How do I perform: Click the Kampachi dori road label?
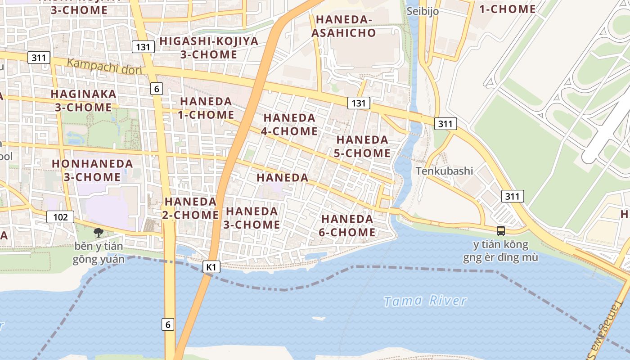coord(104,66)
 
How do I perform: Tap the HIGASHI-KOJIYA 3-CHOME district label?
coord(209,48)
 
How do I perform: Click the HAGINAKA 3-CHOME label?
coord(83,100)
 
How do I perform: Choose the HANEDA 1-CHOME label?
coord(206,108)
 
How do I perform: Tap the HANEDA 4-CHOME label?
coord(289,124)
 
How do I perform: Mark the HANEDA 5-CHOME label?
coord(362,146)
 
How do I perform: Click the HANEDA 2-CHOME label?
coord(190,208)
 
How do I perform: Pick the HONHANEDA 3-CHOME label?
coord(92,170)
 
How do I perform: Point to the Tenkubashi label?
coord(444,171)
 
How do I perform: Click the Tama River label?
coord(425,301)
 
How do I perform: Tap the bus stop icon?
coord(500,231)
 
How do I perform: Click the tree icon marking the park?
coord(98,233)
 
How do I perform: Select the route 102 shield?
coord(60,217)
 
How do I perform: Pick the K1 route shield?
coord(211,267)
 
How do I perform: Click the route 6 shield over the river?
coord(168,324)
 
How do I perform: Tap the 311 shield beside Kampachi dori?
coord(39,58)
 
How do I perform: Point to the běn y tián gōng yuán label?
coord(99,253)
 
